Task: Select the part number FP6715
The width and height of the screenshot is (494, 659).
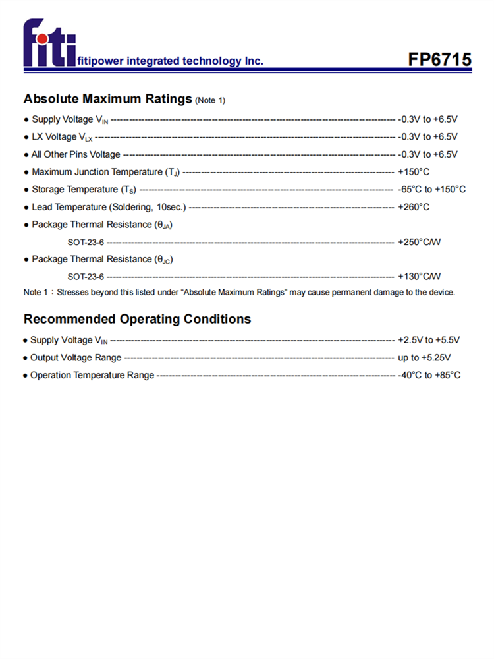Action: coord(439,60)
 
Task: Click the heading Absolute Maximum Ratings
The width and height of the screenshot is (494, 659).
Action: coord(108,99)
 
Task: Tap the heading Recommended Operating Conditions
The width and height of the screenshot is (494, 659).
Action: coord(137,319)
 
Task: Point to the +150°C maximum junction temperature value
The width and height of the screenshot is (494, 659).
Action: coord(414,172)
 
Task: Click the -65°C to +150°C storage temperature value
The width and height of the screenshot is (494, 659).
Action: coord(431,190)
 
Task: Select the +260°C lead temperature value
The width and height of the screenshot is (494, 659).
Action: coord(414,207)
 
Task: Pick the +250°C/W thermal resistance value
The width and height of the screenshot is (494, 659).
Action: coord(420,242)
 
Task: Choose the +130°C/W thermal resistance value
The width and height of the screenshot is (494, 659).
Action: coord(420,277)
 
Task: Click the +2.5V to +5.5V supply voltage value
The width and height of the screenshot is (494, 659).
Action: coord(429,340)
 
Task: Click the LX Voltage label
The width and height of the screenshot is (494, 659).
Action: coord(63,137)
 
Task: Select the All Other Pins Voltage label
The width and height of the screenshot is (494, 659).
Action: coord(76,154)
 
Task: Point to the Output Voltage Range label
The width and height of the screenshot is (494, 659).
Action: coord(76,358)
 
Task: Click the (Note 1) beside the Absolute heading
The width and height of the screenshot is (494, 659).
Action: coord(211,101)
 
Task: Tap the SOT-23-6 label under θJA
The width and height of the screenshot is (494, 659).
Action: coord(86,242)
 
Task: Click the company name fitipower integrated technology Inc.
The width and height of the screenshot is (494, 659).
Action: coord(171,61)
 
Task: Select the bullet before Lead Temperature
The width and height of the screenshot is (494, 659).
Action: coord(26,208)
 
